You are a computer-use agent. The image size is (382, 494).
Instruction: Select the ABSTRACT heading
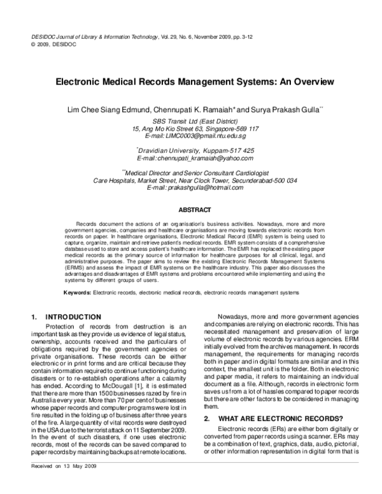tap(190, 209)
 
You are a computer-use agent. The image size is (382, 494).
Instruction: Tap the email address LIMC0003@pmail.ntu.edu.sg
tap(195, 136)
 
